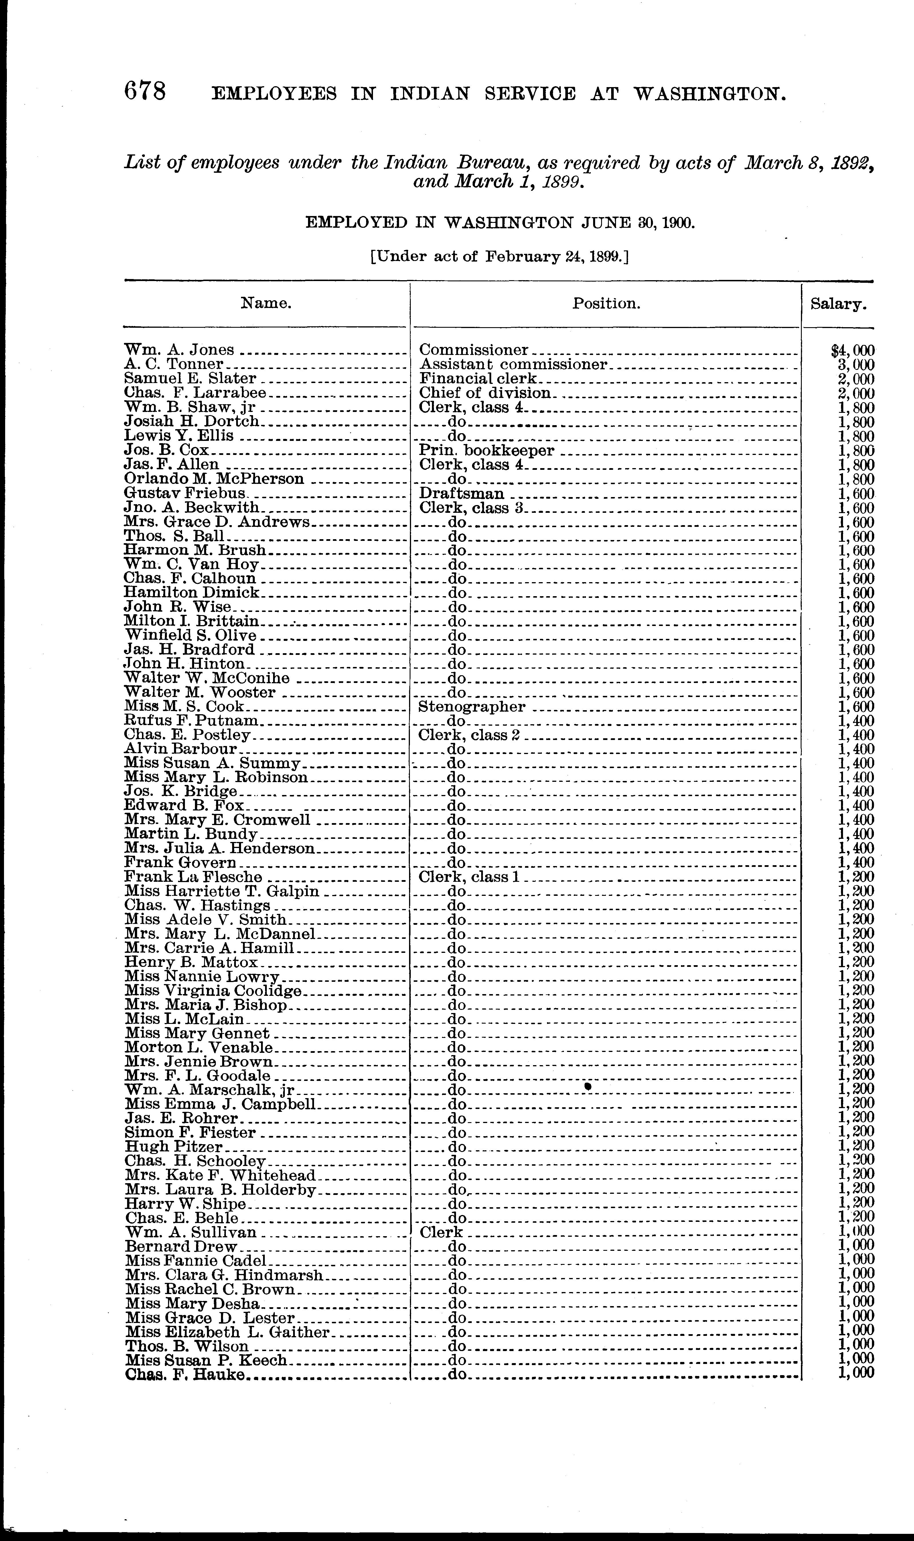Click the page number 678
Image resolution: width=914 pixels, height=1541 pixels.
pyautogui.click(x=145, y=92)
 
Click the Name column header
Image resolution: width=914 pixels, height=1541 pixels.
pyautogui.click(x=265, y=303)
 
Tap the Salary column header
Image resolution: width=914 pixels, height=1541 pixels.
pyautogui.click(x=838, y=304)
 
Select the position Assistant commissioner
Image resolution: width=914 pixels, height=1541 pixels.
pyautogui.click(x=513, y=364)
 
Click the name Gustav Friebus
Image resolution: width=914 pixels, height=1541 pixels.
pyautogui.click(x=185, y=493)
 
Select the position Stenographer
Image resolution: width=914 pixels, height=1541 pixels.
pyautogui.click(x=472, y=706)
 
